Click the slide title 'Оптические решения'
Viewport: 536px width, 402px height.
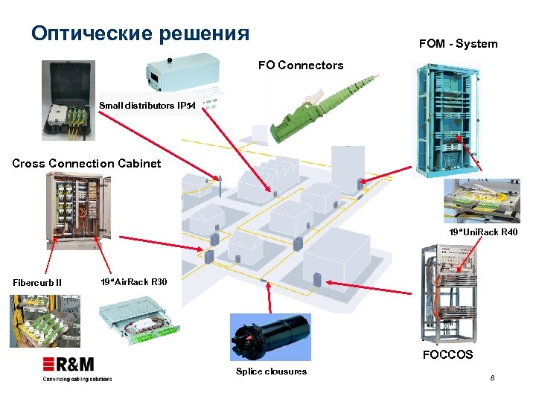[x=140, y=33]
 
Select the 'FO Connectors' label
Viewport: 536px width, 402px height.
[x=301, y=66]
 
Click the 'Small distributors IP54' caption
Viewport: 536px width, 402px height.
[x=147, y=106]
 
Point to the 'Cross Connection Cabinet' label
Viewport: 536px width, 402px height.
[x=86, y=164]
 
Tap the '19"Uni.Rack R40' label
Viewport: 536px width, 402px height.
[x=482, y=233]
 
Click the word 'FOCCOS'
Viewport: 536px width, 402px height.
[x=447, y=354]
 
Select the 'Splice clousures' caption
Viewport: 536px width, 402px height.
[x=271, y=371]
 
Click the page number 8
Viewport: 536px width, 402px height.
[x=492, y=380]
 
